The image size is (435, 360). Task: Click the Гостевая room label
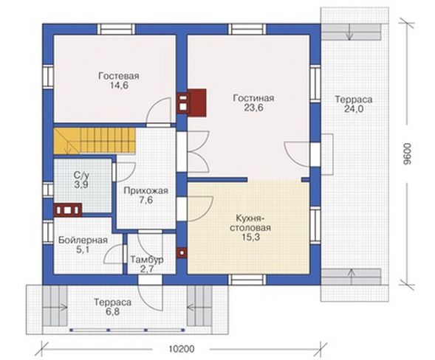click(119, 76)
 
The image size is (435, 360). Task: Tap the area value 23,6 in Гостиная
click(253, 108)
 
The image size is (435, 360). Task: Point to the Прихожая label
click(146, 190)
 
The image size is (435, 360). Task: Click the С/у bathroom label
click(81, 175)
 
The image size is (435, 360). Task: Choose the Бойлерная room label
click(83, 240)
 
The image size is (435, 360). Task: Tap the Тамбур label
click(147, 260)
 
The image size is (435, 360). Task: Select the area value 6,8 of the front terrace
click(113, 311)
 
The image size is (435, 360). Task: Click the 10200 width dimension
click(182, 349)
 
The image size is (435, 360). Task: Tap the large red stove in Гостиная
click(192, 103)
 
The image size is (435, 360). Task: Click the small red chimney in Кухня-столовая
click(182, 253)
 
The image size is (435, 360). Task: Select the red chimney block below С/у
click(68, 210)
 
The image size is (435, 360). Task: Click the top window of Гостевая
click(116, 29)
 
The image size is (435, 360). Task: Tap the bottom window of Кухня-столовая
click(247, 280)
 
